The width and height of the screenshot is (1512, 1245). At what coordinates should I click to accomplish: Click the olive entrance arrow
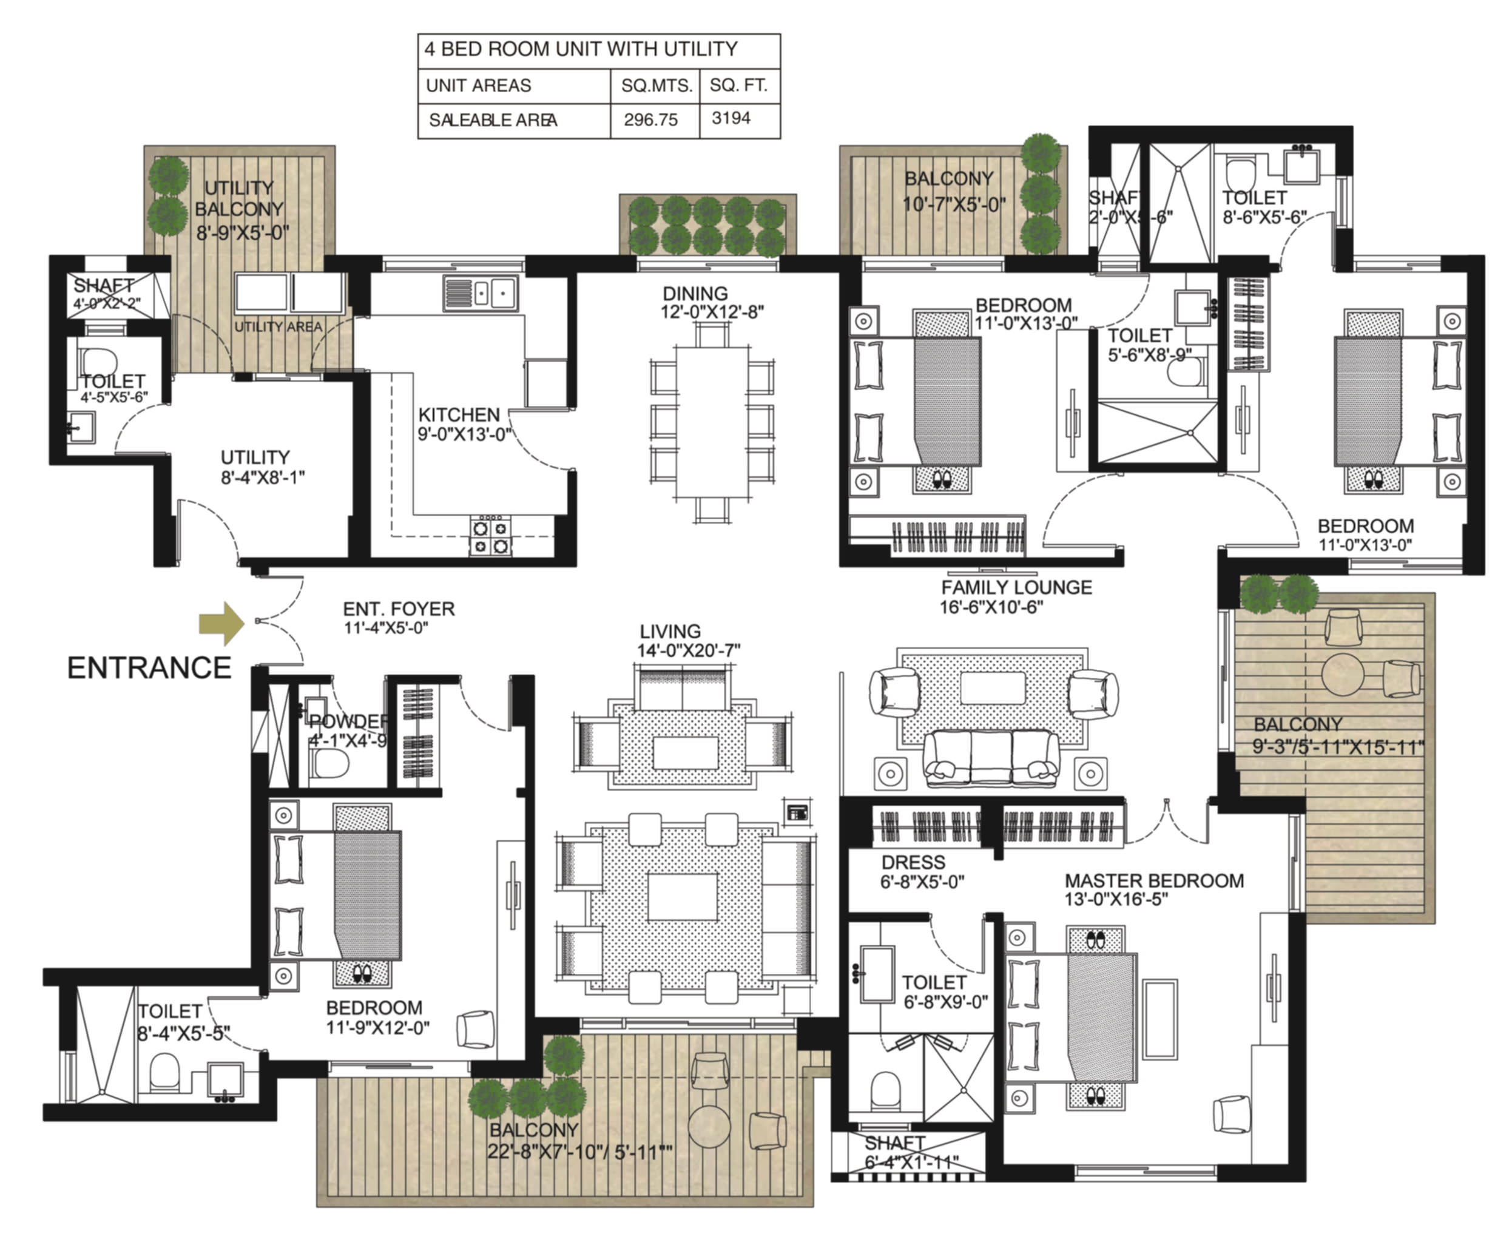pyautogui.click(x=221, y=622)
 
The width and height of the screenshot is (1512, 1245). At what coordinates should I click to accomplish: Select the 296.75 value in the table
pyautogui.click(x=650, y=120)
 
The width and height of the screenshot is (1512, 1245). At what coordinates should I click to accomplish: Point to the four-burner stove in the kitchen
pyautogui.click(x=491, y=536)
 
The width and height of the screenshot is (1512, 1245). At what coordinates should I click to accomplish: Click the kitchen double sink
pyautogui.click(x=480, y=293)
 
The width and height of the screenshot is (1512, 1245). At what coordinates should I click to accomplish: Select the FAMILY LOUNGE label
pyautogui.click(x=1016, y=587)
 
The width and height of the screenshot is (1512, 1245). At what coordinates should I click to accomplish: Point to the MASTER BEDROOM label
pyautogui.click(x=1153, y=881)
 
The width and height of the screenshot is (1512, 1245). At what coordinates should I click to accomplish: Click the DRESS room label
pyautogui.click(x=913, y=862)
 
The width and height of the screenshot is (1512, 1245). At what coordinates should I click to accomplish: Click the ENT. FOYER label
pyautogui.click(x=398, y=609)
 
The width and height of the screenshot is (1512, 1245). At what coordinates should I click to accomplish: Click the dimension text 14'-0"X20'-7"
pyautogui.click(x=688, y=650)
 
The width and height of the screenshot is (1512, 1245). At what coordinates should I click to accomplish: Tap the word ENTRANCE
pyautogui.click(x=149, y=667)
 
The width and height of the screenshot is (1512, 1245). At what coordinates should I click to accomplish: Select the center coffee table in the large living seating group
pyautogui.click(x=682, y=897)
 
